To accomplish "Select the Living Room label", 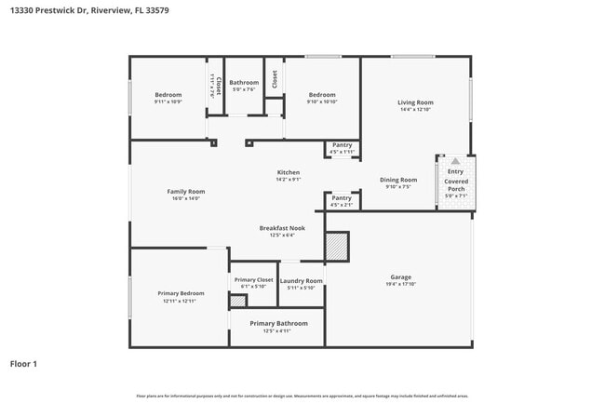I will (415, 102).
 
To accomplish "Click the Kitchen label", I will (288, 173).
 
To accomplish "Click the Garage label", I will (400, 276).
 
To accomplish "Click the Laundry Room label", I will (302, 280).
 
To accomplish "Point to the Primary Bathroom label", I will (277, 323).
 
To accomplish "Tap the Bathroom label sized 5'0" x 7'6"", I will (244, 83).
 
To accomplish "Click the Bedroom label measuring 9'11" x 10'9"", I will (168, 94).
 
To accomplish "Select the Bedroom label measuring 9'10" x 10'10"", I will (322, 94).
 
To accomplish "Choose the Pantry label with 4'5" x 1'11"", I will (342, 145).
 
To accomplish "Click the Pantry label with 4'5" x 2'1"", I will (342, 197).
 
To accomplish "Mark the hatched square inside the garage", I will (336, 246).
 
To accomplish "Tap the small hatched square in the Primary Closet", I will (238, 301).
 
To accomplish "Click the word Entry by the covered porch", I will (455, 171).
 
